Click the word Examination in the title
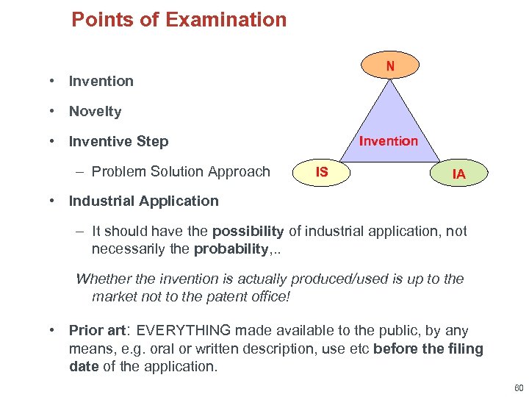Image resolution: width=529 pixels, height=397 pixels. (x=226, y=19)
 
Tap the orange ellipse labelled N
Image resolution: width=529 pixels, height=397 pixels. (x=390, y=65)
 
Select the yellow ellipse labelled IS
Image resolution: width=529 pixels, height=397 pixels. (x=322, y=172)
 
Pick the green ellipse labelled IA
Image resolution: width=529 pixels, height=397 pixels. (x=458, y=174)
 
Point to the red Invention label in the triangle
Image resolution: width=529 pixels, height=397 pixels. (x=388, y=141)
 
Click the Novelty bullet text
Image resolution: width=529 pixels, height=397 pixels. (x=95, y=112)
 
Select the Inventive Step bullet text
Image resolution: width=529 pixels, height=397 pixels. (x=118, y=141)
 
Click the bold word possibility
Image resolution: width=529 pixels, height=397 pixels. (x=248, y=232)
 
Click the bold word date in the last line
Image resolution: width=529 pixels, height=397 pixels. (x=84, y=366)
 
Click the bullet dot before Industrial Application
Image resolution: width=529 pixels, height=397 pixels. (x=54, y=201)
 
